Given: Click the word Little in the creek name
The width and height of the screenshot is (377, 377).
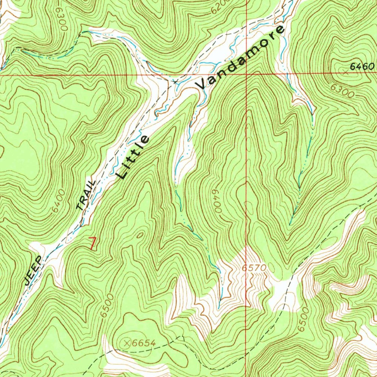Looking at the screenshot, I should pyautogui.click(x=133, y=157).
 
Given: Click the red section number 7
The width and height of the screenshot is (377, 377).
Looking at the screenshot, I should pyautogui.click(x=92, y=244).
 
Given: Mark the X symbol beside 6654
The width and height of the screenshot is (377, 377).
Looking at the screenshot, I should pyautogui.click(x=127, y=343).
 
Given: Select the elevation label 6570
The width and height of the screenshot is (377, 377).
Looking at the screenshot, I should pyautogui.click(x=254, y=268).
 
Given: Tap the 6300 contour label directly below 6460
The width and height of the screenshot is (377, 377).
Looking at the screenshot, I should pyautogui.click(x=343, y=91).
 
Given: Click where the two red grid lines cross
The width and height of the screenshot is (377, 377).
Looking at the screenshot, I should pyautogui.click(x=246, y=74).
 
